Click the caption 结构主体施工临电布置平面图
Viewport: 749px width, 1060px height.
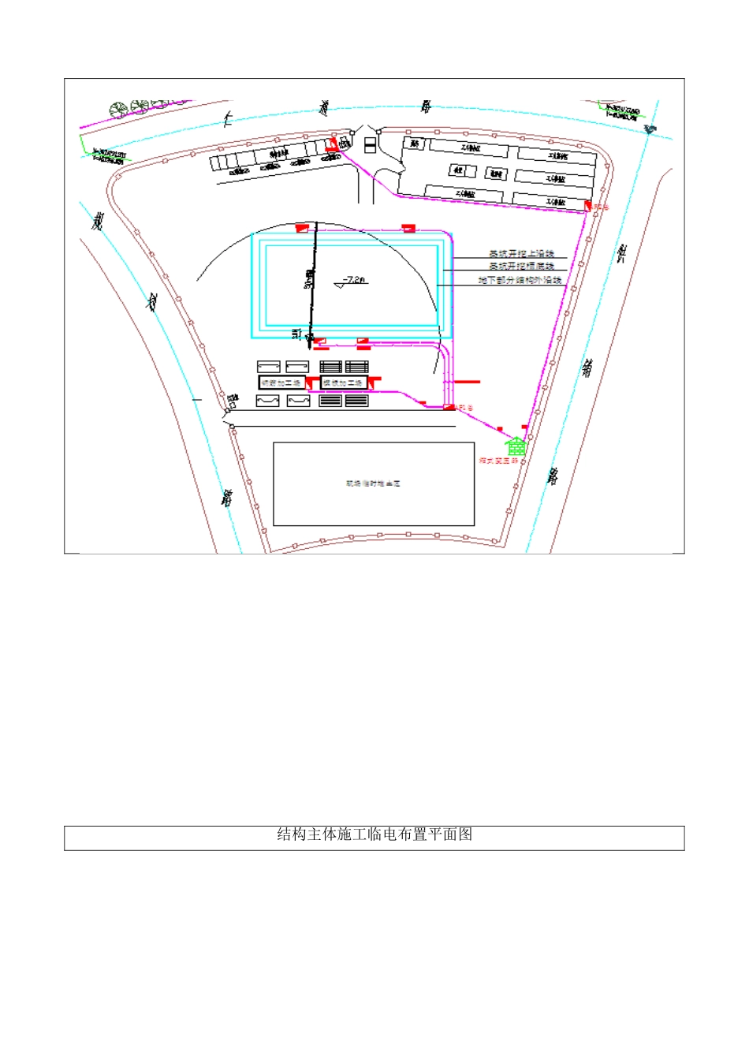click(374, 834)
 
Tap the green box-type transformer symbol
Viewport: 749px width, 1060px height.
click(516, 446)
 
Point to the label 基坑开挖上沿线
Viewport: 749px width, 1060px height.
click(521, 254)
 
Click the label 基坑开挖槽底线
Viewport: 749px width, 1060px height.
click(521, 267)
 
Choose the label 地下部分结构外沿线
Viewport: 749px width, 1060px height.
click(520, 280)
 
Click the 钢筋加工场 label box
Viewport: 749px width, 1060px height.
click(281, 383)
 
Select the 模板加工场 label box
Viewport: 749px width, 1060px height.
click(344, 383)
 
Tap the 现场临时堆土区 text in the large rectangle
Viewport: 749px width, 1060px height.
click(373, 483)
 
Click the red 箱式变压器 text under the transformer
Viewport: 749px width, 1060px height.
click(498, 461)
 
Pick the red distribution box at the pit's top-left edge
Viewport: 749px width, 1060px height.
click(301, 228)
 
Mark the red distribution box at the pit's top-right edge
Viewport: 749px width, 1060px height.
click(408, 228)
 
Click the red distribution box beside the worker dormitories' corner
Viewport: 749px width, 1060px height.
click(587, 206)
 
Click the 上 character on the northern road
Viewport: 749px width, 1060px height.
click(227, 118)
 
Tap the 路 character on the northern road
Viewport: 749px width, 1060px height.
click(427, 106)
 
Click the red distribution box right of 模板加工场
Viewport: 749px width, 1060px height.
click(375, 382)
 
